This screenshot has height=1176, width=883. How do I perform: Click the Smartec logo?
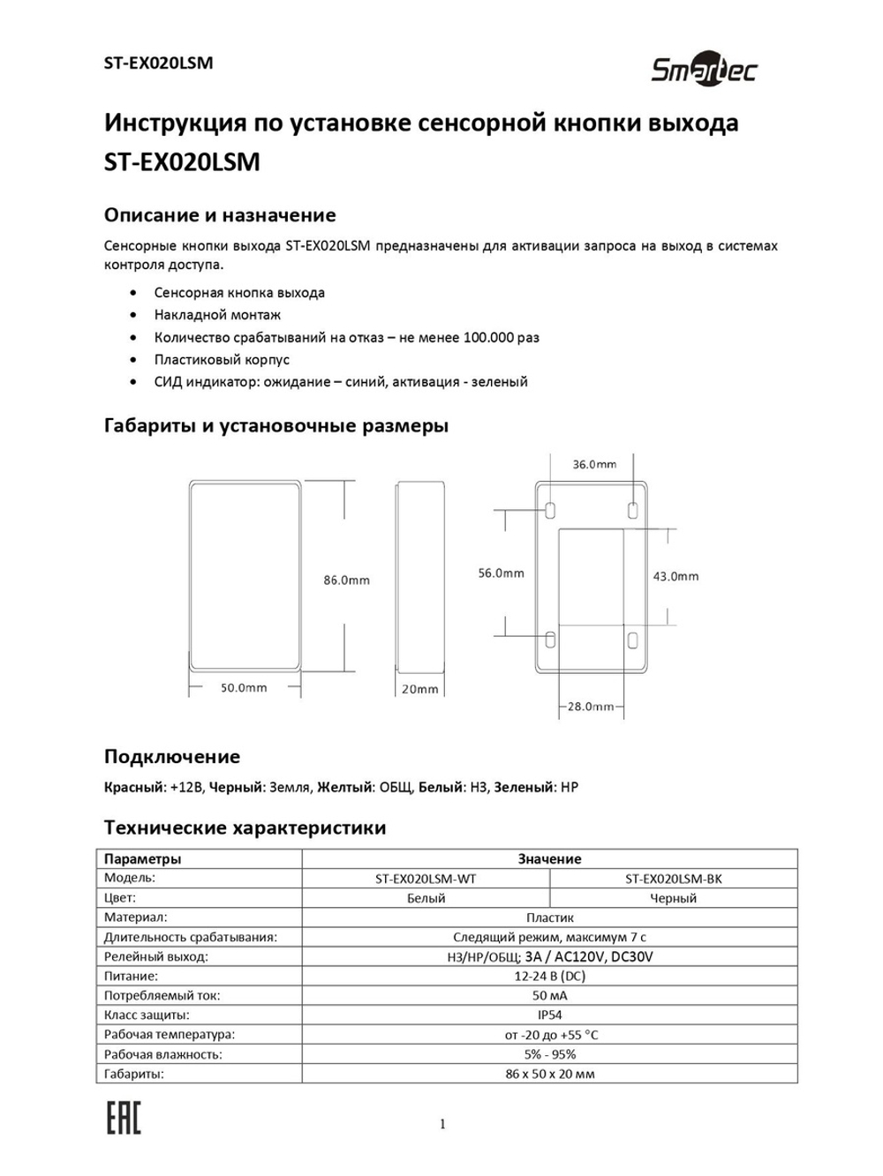(x=704, y=70)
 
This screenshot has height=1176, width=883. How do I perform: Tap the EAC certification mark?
(x=124, y=1119)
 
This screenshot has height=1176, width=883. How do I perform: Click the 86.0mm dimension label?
(x=346, y=581)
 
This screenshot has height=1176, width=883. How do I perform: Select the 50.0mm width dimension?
(x=244, y=688)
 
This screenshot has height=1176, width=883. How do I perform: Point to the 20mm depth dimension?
(x=419, y=689)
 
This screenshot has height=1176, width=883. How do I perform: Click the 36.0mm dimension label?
(x=594, y=464)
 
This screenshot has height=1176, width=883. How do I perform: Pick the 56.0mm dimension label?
(x=501, y=573)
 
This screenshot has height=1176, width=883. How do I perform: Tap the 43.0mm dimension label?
(x=675, y=576)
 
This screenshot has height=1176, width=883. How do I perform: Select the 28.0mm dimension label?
(x=591, y=707)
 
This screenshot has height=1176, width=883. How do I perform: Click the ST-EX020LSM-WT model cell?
(x=426, y=879)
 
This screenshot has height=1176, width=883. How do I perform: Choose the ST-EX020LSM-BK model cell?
(x=673, y=879)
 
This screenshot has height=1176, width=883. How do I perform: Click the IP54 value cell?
(x=549, y=1015)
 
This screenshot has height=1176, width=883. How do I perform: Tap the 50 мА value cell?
(x=549, y=996)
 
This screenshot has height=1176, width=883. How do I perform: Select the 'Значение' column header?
(x=549, y=858)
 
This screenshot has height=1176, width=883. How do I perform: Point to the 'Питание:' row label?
(x=132, y=977)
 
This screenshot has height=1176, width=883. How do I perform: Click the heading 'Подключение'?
(x=172, y=757)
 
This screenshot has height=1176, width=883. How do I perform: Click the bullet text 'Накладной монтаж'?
(x=217, y=315)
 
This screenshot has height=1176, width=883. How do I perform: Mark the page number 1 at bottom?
(x=442, y=1124)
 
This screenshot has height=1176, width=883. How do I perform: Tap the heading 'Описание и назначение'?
(x=220, y=215)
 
